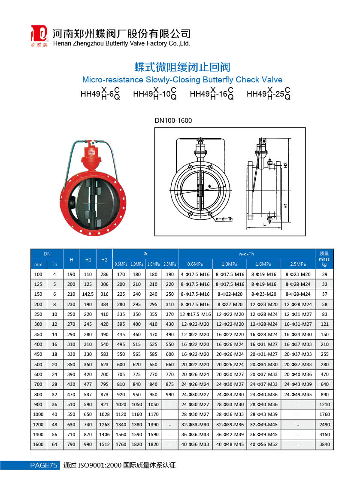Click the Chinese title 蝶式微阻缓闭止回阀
pos(182,67)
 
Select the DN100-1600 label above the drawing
pos(173,121)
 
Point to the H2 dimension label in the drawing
pos(285,165)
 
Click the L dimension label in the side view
pos(264,224)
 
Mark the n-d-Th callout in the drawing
pos(224,219)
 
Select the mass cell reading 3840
pos(324,444)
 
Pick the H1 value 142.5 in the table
pos(88,295)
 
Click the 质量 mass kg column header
pos(324,259)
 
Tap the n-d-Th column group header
pos(246,254)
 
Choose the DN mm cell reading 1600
pos(39,444)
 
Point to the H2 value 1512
pos(104,444)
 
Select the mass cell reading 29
pos(324,274)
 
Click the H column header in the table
pos(72,259)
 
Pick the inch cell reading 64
pos(55,444)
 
